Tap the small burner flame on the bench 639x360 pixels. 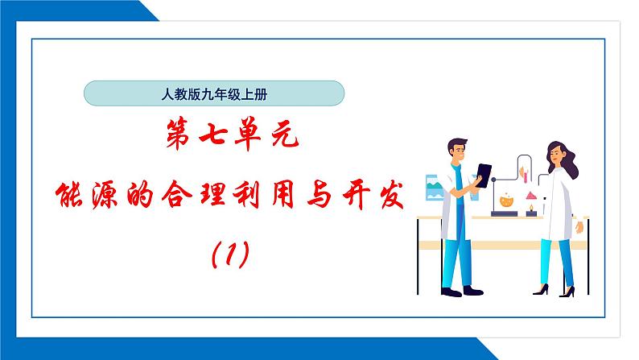click(x=530, y=209)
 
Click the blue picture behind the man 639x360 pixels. click(x=432, y=190)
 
